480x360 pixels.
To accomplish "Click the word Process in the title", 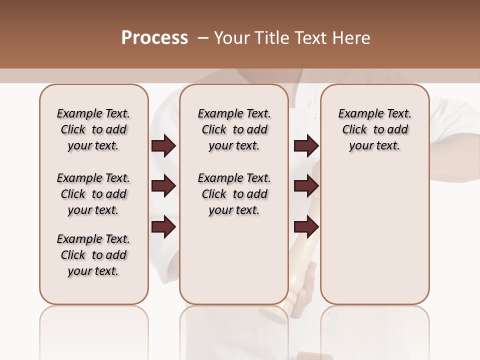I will [x=154, y=38].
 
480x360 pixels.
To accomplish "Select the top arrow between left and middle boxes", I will [x=163, y=146].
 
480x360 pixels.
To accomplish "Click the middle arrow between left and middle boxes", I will [x=163, y=186].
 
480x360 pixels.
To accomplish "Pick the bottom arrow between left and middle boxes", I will [x=163, y=226].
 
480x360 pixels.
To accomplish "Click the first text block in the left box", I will [x=93, y=129].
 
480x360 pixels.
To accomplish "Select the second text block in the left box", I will [x=93, y=194].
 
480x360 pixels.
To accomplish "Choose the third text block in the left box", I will [x=93, y=255].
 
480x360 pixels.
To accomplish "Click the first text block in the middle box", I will [x=234, y=129].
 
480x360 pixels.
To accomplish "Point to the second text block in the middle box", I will [x=234, y=194].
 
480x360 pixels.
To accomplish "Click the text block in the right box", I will [x=375, y=129].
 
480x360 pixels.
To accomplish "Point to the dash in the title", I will [x=204, y=38].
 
